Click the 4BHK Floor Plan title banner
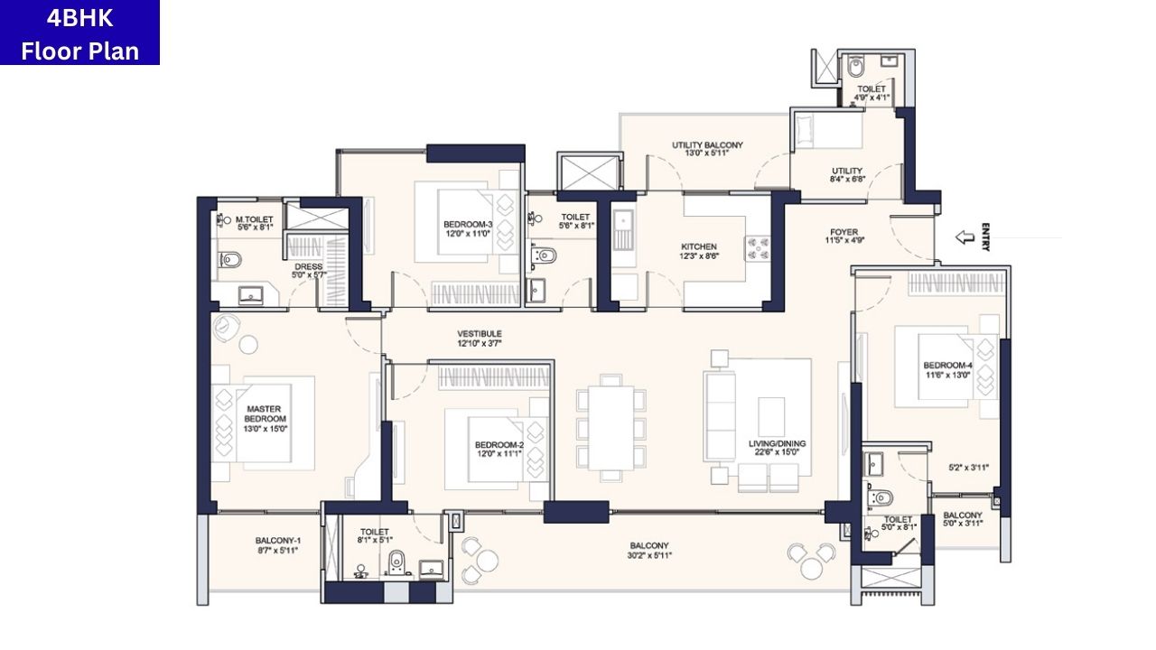click(x=79, y=32)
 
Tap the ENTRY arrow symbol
click(x=965, y=237)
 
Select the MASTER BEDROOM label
click(x=265, y=413)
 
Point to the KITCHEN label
click(x=698, y=246)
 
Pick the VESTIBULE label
click(x=479, y=334)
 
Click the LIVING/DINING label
click(x=777, y=444)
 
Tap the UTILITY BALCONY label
click(x=707, y=144)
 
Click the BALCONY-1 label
click(x=276, y=541)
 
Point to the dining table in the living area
click(x=611, y=429)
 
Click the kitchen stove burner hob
click(x=755, y=247)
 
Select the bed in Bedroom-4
click(x=939, y=370)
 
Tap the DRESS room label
click(x=308, y=266)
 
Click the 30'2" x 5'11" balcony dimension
click(x=649, y=555)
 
